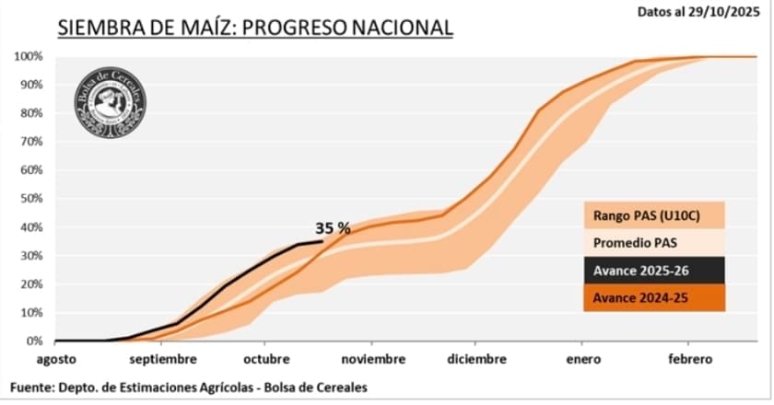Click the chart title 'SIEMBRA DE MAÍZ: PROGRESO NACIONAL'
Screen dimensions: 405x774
coord(255,28)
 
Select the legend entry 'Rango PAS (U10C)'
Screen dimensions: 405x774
coord(653,215)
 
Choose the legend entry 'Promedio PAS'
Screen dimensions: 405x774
coord(653,243)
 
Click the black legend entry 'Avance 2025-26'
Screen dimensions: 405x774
coord(653,271)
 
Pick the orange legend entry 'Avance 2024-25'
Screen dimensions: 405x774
coord(653,297)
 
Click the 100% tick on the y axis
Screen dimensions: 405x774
coord(28,56)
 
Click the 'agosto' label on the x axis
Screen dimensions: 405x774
coord(57,359)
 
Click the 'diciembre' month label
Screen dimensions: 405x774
coord(477,359)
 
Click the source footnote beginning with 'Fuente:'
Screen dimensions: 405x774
coord(190,387)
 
